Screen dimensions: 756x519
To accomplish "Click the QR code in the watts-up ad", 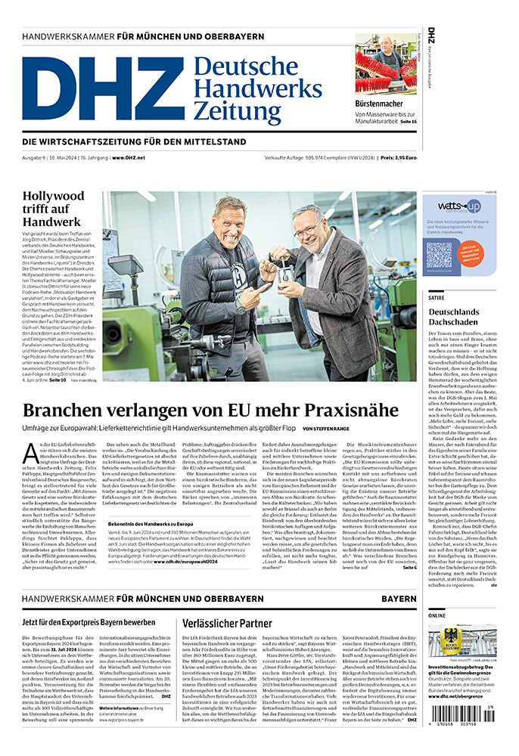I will (x=439, y=254).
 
